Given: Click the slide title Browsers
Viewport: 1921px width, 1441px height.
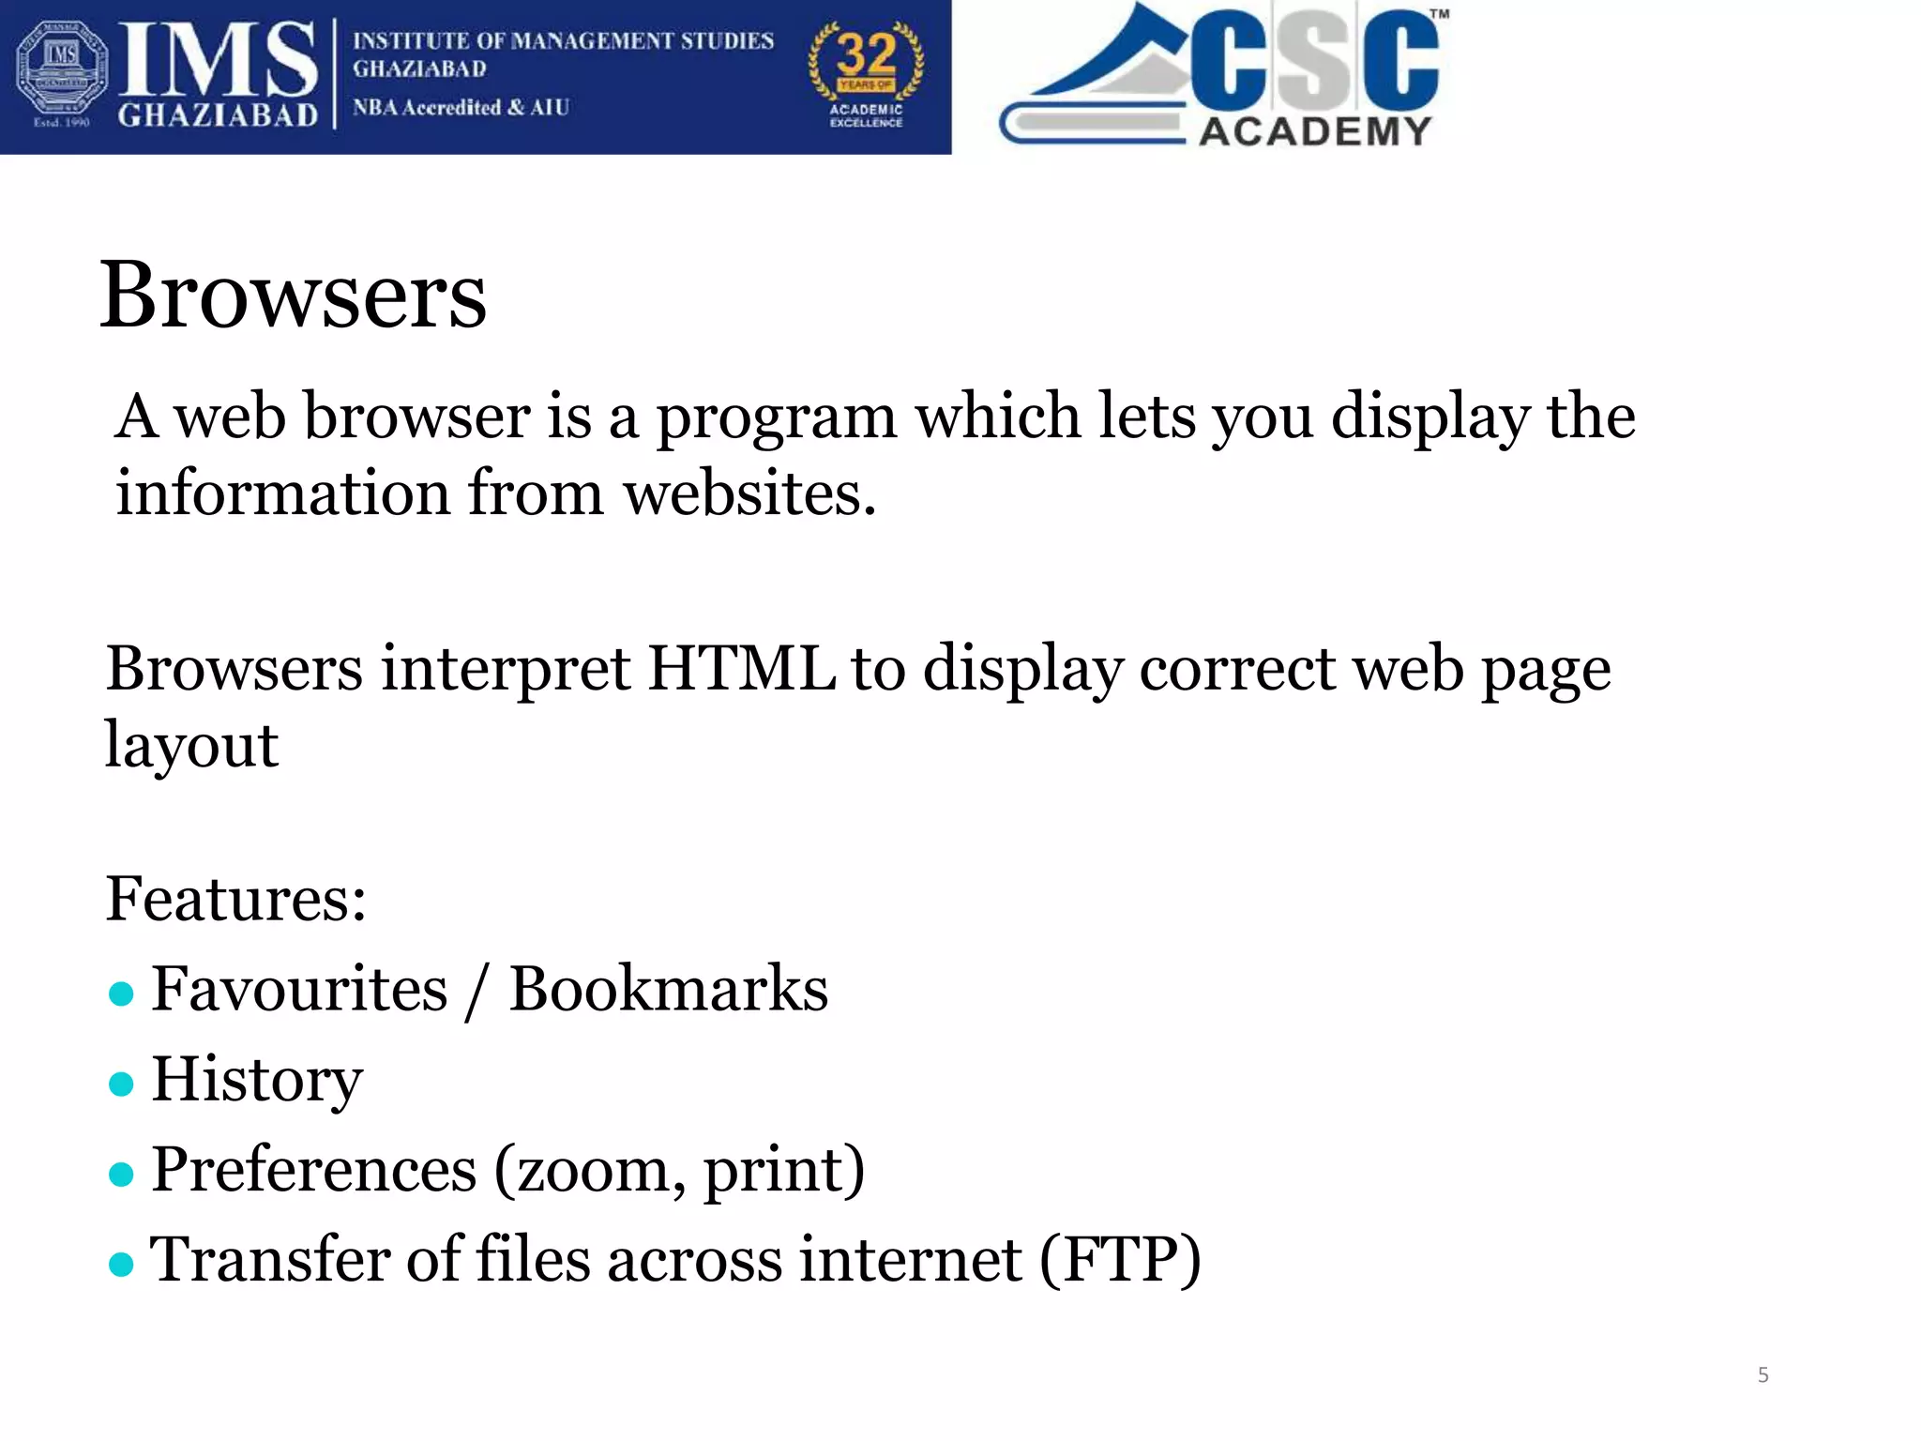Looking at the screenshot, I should pos(293,296).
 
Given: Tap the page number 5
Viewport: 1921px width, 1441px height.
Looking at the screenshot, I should pos(1762,1375).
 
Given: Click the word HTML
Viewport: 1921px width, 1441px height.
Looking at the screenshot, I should pos(741,669).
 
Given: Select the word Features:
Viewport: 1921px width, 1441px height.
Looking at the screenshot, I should pos(235,899).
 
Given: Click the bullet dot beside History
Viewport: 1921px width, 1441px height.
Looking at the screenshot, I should pos(121,1084).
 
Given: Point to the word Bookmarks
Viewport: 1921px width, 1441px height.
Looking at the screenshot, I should pos(668,989).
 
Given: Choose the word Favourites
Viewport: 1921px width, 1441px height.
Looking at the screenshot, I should pos(299,989).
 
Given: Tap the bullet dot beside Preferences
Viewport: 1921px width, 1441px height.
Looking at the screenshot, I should pos(121,1174).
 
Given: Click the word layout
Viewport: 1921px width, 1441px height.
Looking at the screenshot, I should pos(191,747).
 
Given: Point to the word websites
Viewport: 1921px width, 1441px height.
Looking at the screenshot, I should pos(749,493).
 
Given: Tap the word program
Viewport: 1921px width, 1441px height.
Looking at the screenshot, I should pos(776,418).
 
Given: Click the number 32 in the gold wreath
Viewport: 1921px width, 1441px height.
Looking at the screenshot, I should pos(866,54).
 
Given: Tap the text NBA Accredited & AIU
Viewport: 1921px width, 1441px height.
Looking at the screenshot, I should pos(461,108).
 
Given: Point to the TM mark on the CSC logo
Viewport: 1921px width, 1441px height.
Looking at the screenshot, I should pos(1439,14).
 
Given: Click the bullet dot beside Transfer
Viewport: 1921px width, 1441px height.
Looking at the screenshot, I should pos(121,1265).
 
